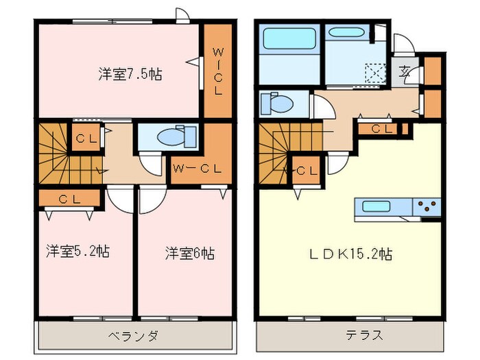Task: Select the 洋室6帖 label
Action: pyautogui.click(x=189, y=253)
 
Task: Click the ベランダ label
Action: pyautogui.click(x=134, y=336)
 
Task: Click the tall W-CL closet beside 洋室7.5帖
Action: pyautogui.click(x=217, y=71)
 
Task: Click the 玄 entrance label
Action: pyautogui.click(x=406, y=70)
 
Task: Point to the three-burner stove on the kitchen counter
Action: pyautogui.click(x=427, y=206)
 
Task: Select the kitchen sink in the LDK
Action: pyautogui.click(x=376, y=206)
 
